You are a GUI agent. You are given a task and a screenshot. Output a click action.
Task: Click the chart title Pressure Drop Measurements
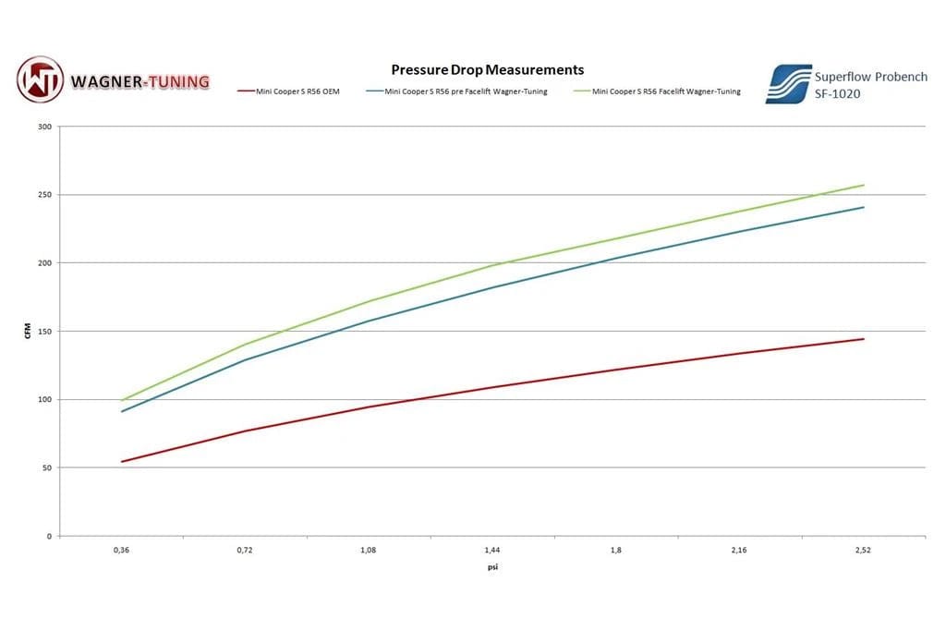(x=487, y=69)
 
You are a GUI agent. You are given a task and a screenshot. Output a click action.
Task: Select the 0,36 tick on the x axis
(x=121, y=550)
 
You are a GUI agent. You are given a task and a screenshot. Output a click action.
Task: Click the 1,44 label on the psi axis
(x=492, y=550)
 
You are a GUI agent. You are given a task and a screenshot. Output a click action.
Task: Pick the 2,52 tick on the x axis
(x=863, y=550)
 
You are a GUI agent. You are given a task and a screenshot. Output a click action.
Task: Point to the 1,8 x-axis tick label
(x=616, y=550)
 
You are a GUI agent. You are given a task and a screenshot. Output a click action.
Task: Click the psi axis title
(x=492, y=567)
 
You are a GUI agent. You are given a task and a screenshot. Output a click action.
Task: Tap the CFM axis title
(x=28, y=331)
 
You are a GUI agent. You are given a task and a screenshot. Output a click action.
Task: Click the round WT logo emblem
(x=40, y=79)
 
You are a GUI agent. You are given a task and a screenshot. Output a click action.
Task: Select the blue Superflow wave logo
(x=788, y=83)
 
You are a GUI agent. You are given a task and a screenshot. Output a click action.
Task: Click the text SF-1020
(x=837, y=93)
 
